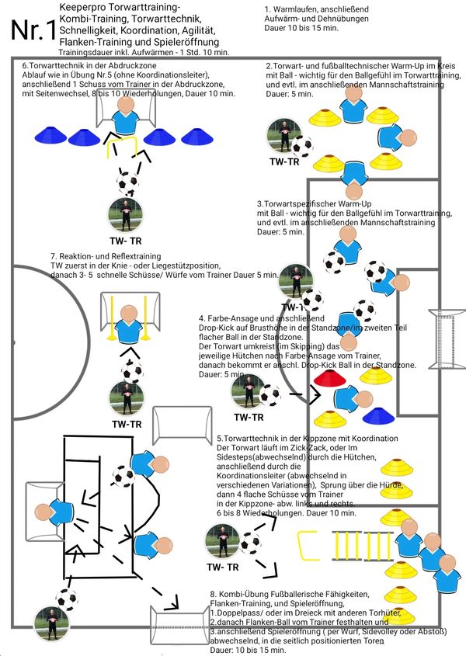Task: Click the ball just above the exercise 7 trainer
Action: (x=132, y=370)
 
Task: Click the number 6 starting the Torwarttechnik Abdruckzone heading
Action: (x=25, y=66)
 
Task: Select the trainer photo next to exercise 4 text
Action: (x=247, y=392)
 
